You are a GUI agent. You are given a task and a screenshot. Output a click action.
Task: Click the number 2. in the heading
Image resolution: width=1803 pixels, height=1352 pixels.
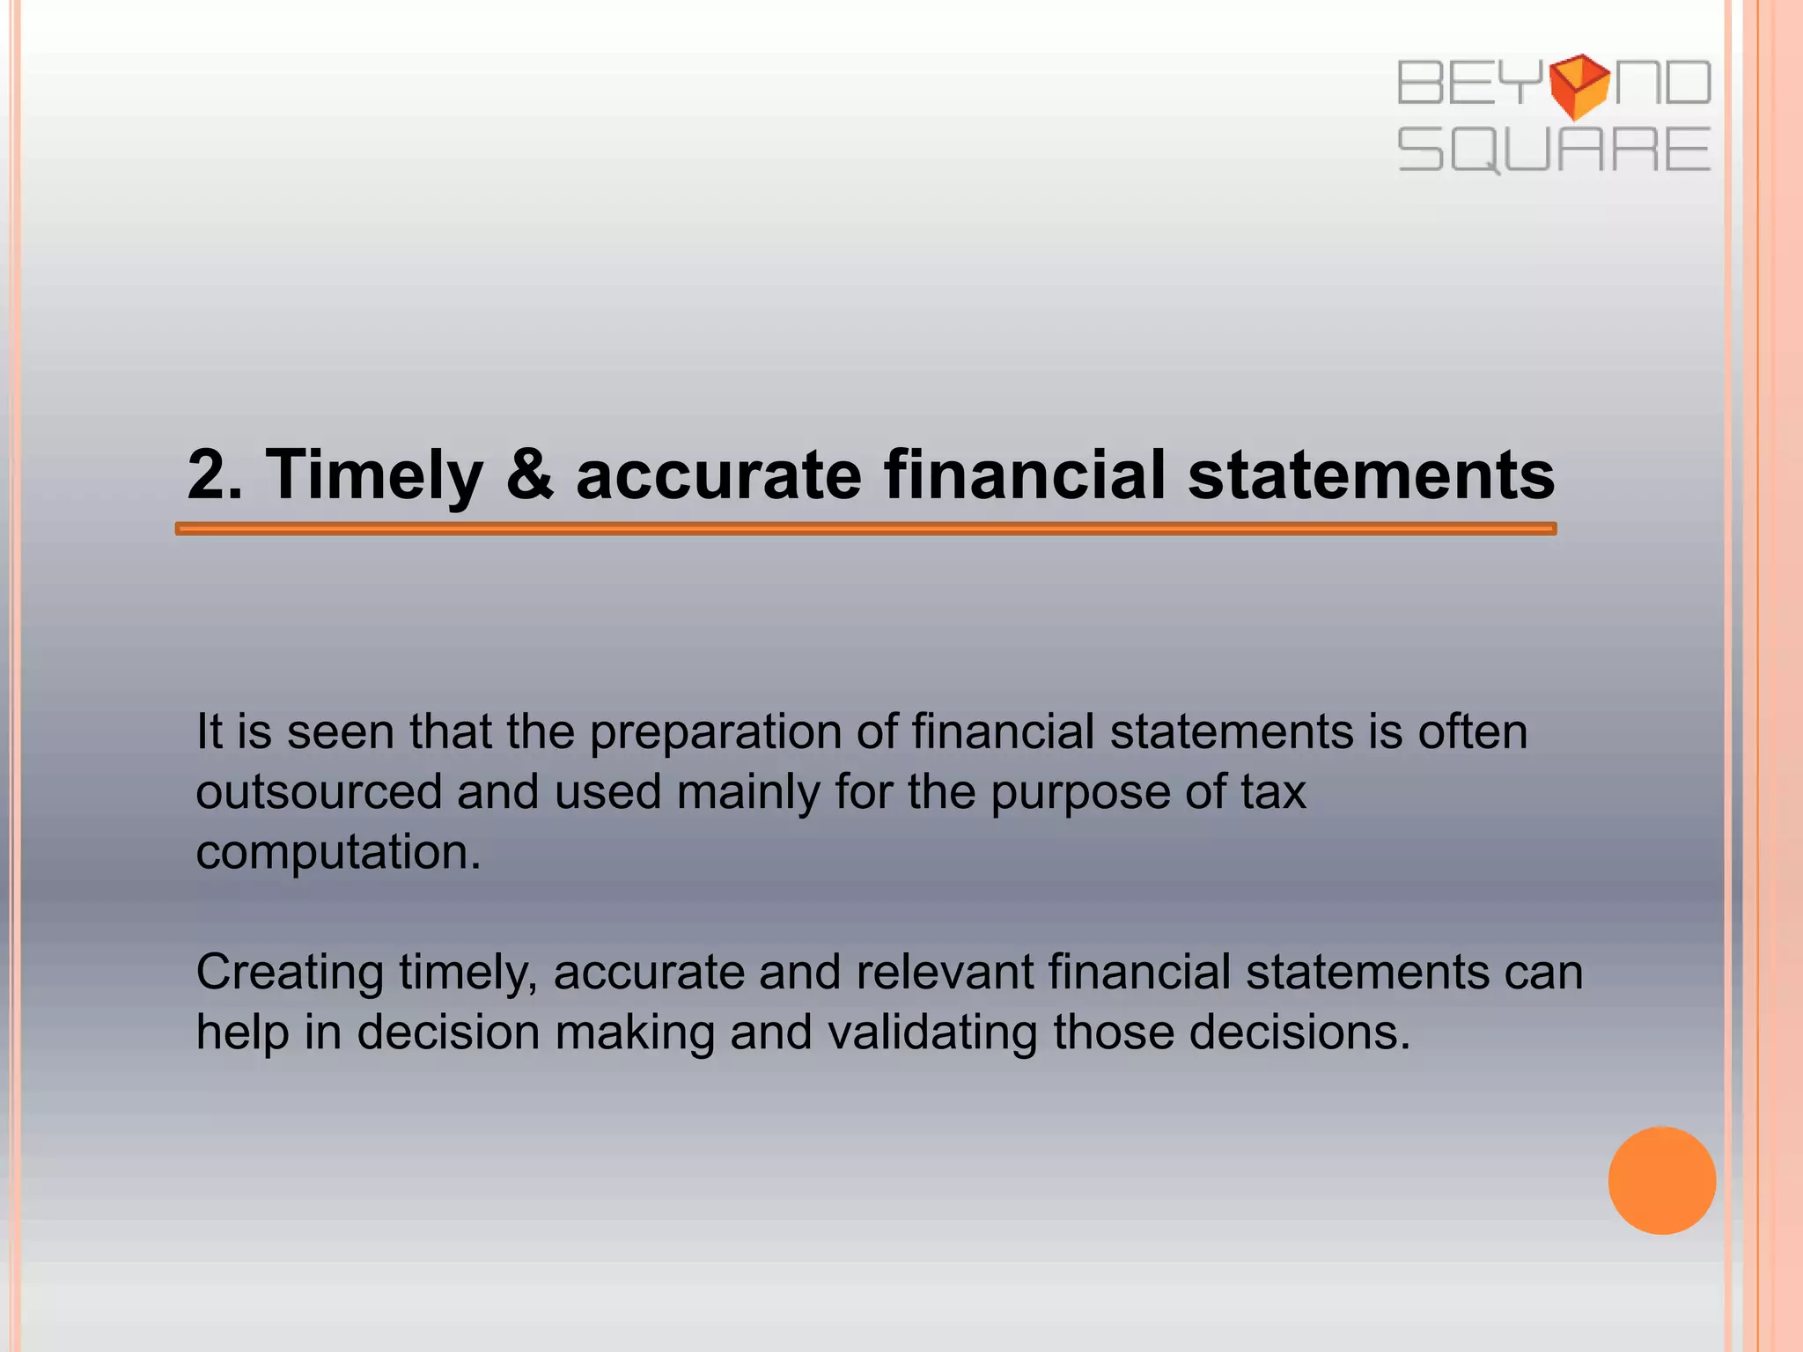pos(215,475)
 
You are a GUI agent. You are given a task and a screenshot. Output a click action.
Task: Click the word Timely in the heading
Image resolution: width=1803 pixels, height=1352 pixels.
pos(374,475)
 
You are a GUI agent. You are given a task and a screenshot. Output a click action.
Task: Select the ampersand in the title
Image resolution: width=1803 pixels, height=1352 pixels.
pos(529,475)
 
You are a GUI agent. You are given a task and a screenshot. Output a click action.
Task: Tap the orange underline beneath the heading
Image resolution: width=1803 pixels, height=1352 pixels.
pos(865,529)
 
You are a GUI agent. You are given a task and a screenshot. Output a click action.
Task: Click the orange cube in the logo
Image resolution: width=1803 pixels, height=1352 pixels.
pos(1579,85)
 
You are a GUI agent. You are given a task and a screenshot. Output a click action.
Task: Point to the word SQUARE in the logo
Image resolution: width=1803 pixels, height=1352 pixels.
pos(1554,150)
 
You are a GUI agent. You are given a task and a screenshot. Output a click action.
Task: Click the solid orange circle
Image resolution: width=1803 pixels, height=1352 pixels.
pos(1661,1180)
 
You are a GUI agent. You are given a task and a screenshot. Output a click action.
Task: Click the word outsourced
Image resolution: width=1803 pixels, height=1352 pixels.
pos(318,792)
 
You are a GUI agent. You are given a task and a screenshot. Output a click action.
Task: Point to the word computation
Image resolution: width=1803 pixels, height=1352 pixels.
pos(338,852)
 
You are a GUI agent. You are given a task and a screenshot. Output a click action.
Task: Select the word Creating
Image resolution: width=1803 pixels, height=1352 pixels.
pos(289,973)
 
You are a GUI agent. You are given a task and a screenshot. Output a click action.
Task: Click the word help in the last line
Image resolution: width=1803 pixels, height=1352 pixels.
pos(242,1032)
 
